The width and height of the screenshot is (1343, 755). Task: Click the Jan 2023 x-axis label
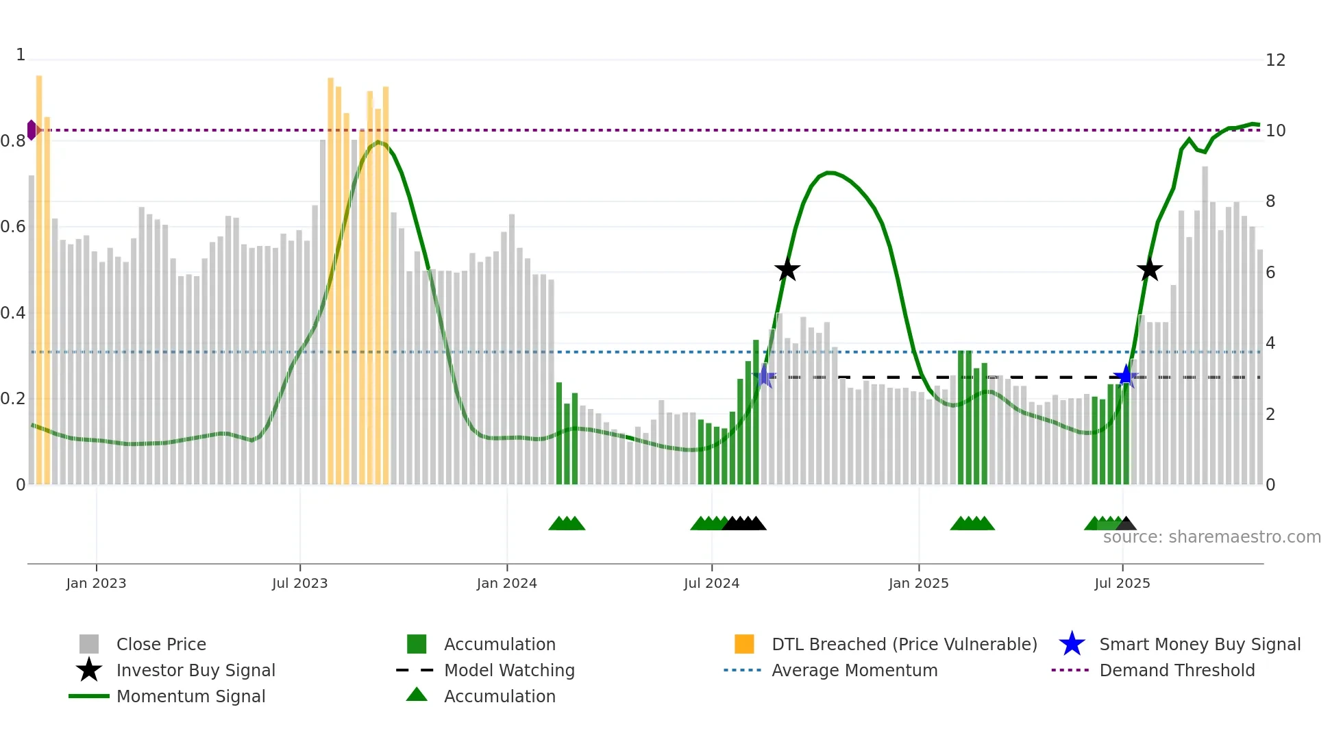click(x=96, y=583)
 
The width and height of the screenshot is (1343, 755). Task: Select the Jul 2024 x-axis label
click(x=711, y=583)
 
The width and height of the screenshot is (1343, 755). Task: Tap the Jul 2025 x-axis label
click(x=1122, y=583)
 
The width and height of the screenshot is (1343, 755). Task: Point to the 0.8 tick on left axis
click(x=13, y=141)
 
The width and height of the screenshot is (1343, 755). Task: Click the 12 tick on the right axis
click(x=1275, y=60)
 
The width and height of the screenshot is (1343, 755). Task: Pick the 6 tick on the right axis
click(x=1270, y=273)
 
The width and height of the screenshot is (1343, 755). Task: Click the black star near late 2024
click(x=787, y=270)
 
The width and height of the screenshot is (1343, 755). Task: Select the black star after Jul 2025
click(x=1149, y=270)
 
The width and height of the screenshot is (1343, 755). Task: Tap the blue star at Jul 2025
click(x=1125, y=376)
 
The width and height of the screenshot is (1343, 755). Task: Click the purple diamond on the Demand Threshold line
click(x=32, y=130)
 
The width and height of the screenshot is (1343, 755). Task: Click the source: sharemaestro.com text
click(x=1211, y=537)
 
